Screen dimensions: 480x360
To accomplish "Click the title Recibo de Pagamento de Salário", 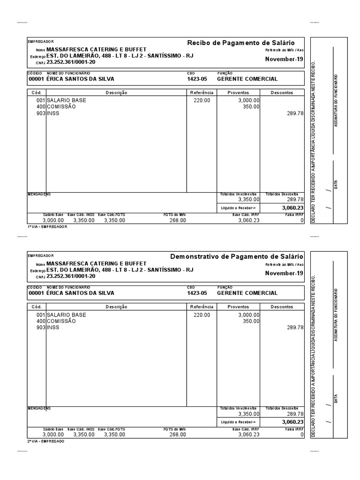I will [241, 43].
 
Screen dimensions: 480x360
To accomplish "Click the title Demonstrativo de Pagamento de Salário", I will [237, 256].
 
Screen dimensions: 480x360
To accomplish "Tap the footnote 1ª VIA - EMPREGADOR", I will [48, 226].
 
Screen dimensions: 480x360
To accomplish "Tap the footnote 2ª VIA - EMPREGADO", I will [46, 441].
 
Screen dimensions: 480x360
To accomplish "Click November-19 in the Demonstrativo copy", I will [284, 273].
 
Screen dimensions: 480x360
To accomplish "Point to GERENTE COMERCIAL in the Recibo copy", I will [247, 79].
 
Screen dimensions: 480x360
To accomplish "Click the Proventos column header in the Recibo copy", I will [238, 93].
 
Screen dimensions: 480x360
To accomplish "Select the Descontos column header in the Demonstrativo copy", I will [282, 307].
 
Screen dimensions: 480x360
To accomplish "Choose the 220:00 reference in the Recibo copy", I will [202, 100].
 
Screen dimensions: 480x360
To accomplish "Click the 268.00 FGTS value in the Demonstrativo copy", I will [178, 435].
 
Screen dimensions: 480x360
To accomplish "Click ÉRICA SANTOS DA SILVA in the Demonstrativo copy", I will [80, 293].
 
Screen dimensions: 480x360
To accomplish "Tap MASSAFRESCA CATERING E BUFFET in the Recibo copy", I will [97, 49].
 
